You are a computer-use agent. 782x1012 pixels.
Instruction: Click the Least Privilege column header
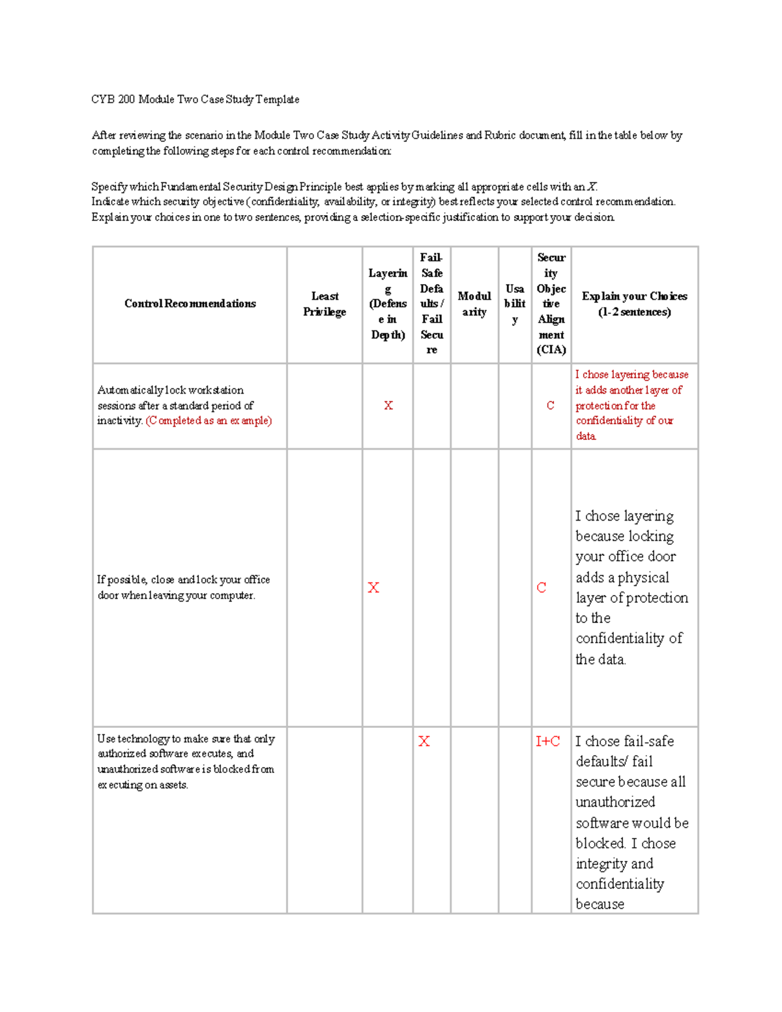click(325, 304)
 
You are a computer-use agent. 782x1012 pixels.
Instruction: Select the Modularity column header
click(474, 304)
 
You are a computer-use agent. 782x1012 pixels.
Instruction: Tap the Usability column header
click(515, 304)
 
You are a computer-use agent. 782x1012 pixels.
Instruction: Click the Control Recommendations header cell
click(190, 304)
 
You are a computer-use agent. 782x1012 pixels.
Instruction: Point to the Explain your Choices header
click(634, 304)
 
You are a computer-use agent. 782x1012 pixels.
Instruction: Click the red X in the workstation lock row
click(388, 405)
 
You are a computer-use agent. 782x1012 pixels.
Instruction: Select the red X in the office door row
click(373, 588)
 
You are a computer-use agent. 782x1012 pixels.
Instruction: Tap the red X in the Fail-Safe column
click(424, 742)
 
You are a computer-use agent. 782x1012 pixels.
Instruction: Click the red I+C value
click(547, 742)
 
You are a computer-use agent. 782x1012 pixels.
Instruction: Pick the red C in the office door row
click(542, 588)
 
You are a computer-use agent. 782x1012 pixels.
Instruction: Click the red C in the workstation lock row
click(551, 405)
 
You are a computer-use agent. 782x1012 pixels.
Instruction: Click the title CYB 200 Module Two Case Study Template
click(195, 100)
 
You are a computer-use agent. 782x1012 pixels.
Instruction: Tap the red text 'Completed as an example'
click(209, 421)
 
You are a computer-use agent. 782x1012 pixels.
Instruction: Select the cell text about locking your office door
click(183, 587)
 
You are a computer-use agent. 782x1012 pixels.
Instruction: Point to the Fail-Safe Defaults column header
click(431, 304)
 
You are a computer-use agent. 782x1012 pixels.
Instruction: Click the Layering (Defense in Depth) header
click(388, 304)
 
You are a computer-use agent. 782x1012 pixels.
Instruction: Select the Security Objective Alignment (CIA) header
click(551, 304)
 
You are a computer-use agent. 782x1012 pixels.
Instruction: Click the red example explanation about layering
click(631, 405)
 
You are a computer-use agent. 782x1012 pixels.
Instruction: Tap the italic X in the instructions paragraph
click(592, 187)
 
